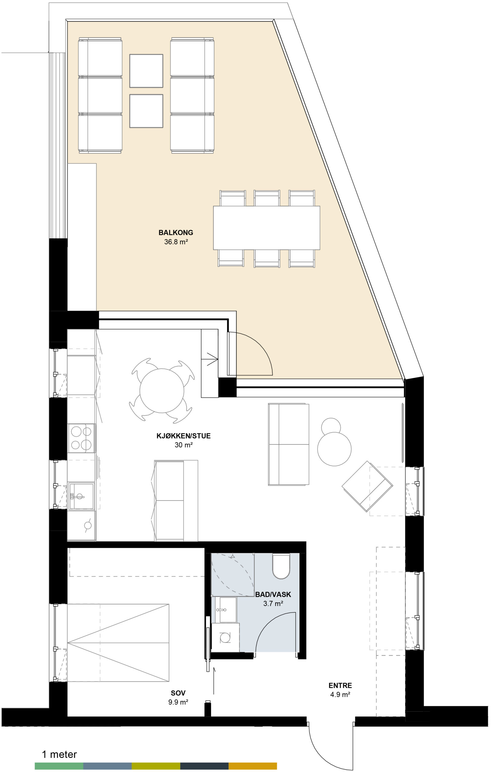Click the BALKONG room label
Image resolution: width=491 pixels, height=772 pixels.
click(176, 233)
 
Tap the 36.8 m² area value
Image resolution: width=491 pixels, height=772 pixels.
click(176, 242)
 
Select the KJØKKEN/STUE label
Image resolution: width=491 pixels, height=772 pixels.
click(183, 436)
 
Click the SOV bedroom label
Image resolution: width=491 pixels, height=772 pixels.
click(178, 693)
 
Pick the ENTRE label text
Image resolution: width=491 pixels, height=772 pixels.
click(340, 685)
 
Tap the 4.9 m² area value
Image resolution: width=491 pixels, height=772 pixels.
click(340, 695)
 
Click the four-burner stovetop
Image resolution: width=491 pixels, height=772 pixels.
click(81, 438)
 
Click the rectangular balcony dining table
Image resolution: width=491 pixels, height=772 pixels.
click(266, 228)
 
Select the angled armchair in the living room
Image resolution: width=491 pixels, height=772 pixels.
click(367, 486)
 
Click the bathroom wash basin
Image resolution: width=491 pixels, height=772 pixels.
click(224, 609)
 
